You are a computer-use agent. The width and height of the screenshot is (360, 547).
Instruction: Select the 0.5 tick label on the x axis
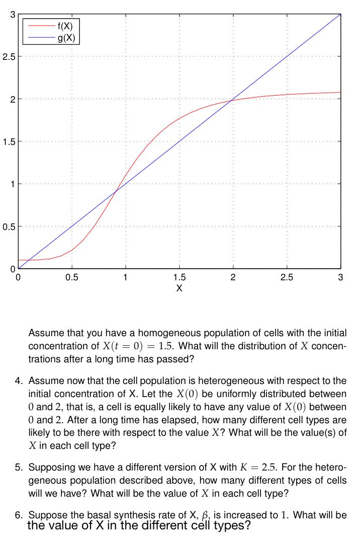[72, 277]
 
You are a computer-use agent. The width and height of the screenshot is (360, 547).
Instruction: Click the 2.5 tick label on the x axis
[287, 277]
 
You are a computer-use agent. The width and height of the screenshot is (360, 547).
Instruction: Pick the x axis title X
[179, 288]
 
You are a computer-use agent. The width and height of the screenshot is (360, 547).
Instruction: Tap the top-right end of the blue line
[340, 14]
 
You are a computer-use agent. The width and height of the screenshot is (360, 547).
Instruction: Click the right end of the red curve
[340, 92]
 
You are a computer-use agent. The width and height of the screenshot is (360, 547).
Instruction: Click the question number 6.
[19, 515]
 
